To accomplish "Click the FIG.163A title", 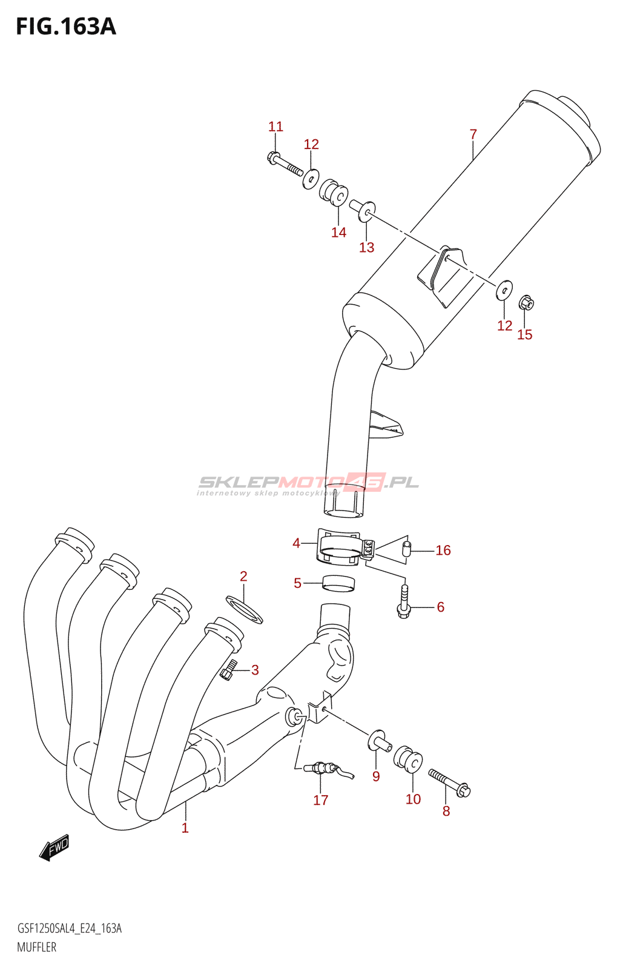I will coord(65,27).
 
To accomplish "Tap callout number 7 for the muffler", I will coord(473,134).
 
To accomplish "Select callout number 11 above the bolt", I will coord(275,127).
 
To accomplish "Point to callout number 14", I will coord(338,233).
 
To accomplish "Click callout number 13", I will coord(366,247).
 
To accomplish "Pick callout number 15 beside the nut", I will coord(524,334).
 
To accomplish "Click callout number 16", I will coord(443,550).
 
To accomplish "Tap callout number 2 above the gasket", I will coord(243,576).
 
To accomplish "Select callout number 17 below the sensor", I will coord(320,800).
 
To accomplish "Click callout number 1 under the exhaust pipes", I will coord(185,828).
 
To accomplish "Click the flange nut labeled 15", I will coord(526,302).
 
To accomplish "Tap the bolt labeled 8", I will coord(450,782).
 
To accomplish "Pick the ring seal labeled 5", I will coord(338,583).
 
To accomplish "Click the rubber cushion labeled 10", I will coord(408,759).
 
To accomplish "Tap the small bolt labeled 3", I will coord(228,670).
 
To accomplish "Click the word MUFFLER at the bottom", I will coord(36,947).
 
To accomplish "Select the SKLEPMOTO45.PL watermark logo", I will coord(308,483).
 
